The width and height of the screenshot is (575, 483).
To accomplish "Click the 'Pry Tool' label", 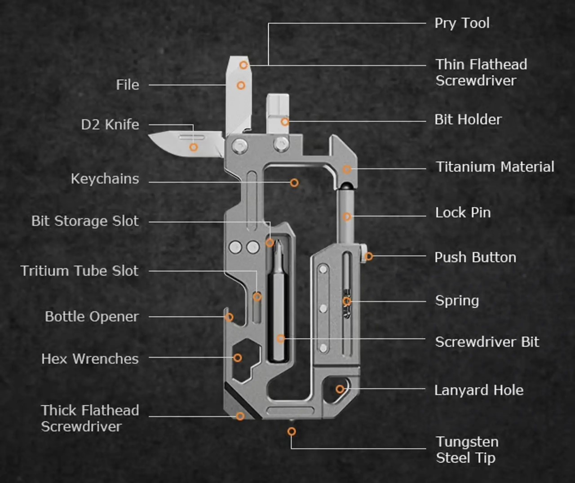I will (x=462, y=23).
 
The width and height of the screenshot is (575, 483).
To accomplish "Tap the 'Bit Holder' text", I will (x=468, y=120).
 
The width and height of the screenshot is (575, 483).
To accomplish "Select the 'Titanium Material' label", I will (x=495, y=167).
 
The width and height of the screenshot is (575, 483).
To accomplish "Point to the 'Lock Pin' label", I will (x=463, y=213).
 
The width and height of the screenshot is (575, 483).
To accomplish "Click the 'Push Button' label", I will (x=475, y=257).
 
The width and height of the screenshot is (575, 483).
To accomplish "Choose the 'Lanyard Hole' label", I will (x=479, y=390).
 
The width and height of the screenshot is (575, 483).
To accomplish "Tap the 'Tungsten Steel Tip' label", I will (x=467, y=450).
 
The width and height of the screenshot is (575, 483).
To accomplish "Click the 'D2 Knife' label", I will (x=110, y=124).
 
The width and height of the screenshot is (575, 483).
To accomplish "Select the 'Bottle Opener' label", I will (x=92, y=317).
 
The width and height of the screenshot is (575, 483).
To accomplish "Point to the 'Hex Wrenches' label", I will (x=90, y=359).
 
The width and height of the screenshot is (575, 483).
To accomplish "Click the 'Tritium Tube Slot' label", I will (x=80, y=271).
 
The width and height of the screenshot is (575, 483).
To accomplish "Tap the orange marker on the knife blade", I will (x=194, y=147).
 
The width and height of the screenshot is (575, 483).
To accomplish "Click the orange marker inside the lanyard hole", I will (x=340, y=389).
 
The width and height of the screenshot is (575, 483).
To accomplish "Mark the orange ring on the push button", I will (x=369, y=257).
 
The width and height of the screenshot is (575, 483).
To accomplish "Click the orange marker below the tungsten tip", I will (x=292, y=432).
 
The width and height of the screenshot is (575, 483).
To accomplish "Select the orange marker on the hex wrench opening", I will (x=238, y=358).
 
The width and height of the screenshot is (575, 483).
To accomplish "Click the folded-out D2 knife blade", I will (x=180, y=143).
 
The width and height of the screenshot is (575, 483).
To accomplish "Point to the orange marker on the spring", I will (x=347, y=301).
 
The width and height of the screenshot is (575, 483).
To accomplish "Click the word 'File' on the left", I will (x=128, y=85).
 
